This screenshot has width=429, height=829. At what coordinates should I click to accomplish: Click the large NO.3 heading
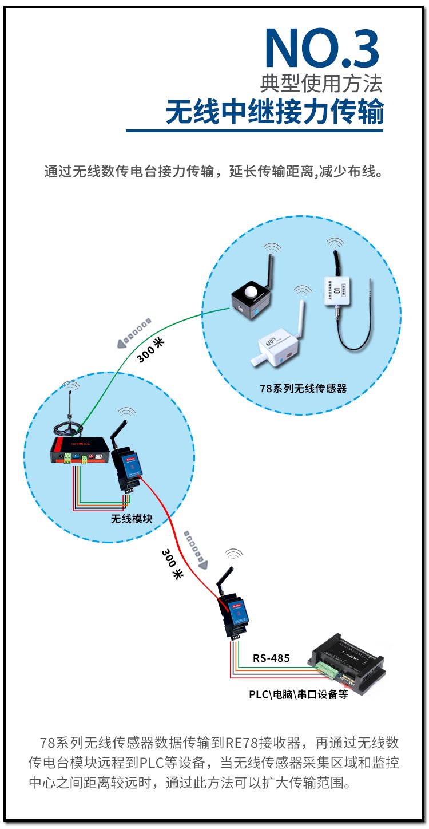click(322, 49)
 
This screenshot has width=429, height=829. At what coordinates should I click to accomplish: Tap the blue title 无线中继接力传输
click(275, 112)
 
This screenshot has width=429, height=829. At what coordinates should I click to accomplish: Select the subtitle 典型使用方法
click(321, 83)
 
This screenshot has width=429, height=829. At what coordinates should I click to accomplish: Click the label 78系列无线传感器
click(303, 388)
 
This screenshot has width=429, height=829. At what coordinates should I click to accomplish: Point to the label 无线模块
click(132, 519)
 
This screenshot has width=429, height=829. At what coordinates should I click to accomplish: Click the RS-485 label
click(271, 658)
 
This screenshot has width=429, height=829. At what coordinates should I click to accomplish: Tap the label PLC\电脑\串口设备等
click(298, 694)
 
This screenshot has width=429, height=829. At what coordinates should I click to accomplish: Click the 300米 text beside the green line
click(150, 350)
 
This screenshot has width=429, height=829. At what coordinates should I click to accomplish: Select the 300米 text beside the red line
click(172, 564)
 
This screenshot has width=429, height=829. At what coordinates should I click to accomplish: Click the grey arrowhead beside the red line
click(203, 564)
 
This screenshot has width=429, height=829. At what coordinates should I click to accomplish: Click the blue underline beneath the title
click(255, 131)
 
